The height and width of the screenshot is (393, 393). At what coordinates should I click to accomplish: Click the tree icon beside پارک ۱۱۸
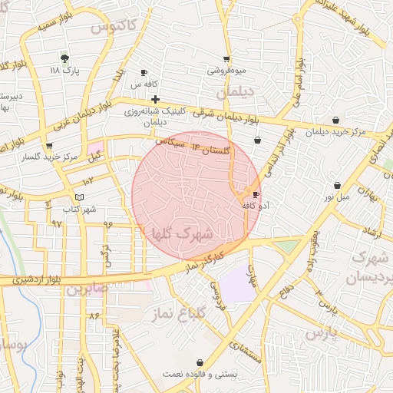(64, 58)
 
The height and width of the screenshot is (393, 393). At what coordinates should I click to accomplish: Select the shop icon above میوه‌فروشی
(226, 59)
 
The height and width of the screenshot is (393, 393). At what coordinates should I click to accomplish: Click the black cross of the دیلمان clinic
(156, 99)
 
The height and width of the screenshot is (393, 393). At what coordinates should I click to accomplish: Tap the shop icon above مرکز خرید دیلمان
(337, 120)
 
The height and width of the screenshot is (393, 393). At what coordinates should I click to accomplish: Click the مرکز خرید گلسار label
(49, 157)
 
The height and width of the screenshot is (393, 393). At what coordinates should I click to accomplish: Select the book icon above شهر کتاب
(80, 198)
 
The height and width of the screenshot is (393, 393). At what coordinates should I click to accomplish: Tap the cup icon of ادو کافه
(256, 194)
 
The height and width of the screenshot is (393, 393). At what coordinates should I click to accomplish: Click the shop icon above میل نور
(338, 185)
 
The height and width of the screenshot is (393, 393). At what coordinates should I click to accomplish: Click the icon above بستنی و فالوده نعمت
(200, 362)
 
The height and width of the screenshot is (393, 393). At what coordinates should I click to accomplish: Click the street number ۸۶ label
(94, 315)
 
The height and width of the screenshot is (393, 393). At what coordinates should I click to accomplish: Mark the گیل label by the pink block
(95, 158)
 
